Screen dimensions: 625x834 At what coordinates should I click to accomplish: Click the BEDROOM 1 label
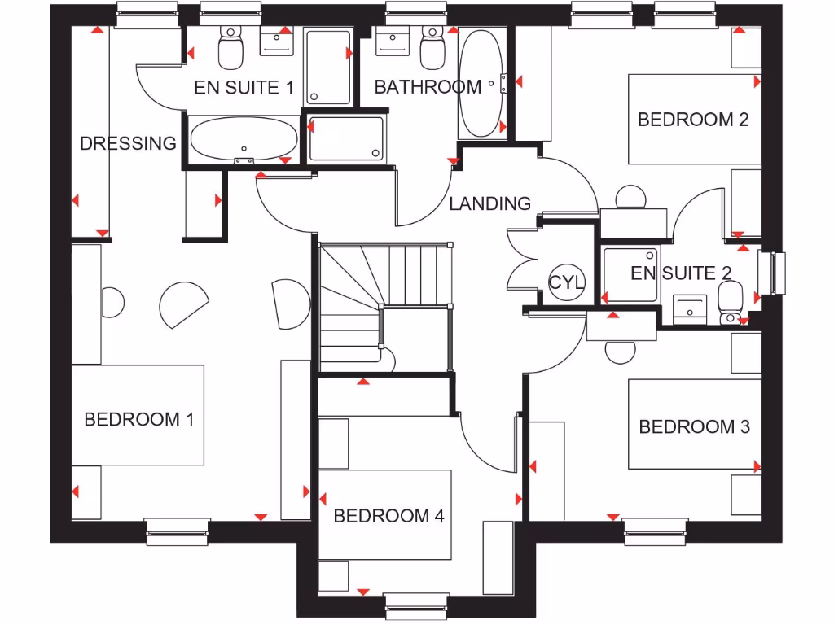[x=138, y=420]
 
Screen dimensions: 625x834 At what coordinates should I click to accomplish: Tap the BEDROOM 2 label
[x=693, y=120]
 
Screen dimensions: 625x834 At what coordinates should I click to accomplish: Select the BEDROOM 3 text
[x=694, y=426]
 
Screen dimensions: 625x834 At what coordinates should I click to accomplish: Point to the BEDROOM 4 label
[x=388, y=516]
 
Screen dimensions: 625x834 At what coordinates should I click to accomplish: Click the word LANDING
[x=489, y=203]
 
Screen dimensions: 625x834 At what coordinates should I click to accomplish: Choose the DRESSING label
[x=128, y=143]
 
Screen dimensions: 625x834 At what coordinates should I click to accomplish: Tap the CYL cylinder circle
[x=567, y=282]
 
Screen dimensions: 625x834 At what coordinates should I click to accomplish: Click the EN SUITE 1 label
[x=244, y=88]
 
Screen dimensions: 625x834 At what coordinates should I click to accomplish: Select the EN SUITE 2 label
[x=681, y=273]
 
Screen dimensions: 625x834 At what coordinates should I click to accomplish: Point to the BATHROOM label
[x=428, y=86]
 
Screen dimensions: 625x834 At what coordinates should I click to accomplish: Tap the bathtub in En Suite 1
[x=244, y=138]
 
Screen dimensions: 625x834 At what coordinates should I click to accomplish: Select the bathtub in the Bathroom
[x=481, y=84]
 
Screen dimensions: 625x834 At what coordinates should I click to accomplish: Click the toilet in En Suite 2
[x=730, y=301]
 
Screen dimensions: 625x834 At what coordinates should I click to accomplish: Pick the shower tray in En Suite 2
[x=630, y=274]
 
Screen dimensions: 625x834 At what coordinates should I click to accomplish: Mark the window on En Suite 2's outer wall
[x=773, y=273]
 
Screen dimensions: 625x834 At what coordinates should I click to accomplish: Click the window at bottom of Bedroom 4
[x=416, y=604]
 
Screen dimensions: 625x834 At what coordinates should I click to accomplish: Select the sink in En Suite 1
[x=278, y=42]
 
